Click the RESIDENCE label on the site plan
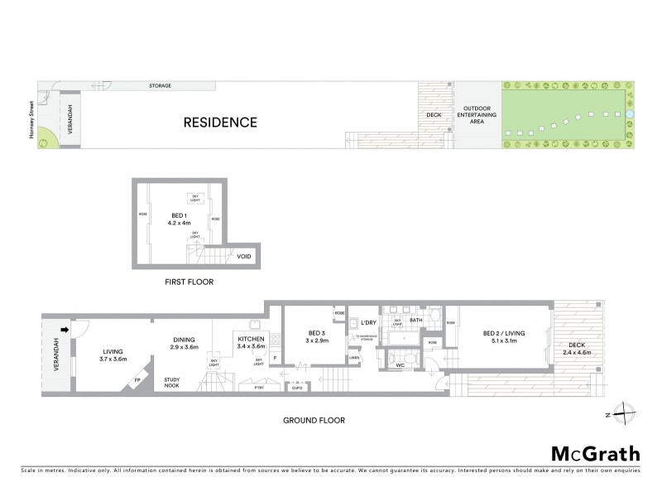(x=220, y=123)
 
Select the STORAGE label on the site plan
(x=160, y=85)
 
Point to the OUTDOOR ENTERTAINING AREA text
(x=477, y=115)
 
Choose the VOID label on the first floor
(x=243, y=256)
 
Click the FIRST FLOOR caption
(x=189, y=282)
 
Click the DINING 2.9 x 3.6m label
(x=185, y=344)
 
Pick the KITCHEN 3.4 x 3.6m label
(x=250, y=344)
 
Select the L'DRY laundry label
(x=368, y=321)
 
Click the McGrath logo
(x=594, y=453)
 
